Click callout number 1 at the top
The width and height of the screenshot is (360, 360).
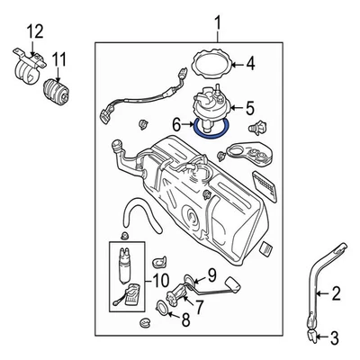click(x=216, y=20)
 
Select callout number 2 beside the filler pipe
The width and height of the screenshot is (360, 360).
click(x=337, y=292)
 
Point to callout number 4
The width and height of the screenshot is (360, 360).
click(x=251, y=64)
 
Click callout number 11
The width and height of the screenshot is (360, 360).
click(x=60, y=63)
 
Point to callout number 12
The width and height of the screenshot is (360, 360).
click(x=35, y=32)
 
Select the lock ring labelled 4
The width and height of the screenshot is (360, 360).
click(x=212, y=64)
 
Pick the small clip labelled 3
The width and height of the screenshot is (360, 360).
click(x=311, y=337)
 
